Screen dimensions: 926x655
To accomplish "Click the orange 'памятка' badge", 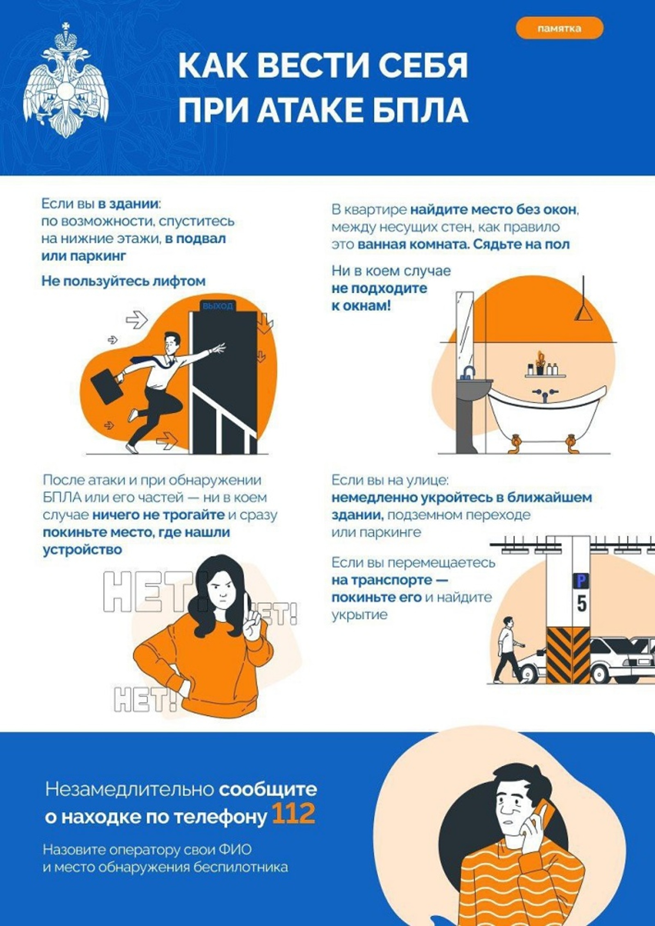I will (559, 29).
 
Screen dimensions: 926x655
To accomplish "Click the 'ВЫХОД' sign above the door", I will (217, 306).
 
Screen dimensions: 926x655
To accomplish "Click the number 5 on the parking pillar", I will (581, 604).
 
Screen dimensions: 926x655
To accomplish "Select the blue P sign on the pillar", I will (581, 581).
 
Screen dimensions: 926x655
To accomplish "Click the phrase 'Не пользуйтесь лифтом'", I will (123, 281).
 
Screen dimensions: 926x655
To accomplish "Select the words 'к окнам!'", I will (361, 306).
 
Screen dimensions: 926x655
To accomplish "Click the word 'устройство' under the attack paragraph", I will (82, 549).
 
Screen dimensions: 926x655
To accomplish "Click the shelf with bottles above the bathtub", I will (545, 374).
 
